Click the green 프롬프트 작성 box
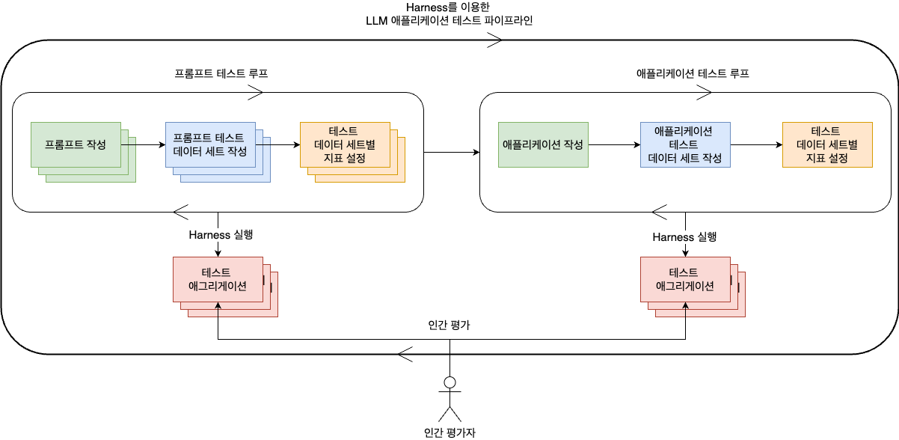click(76, 144)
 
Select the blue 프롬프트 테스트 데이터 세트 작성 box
click(210, 144)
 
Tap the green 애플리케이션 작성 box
click(543, 144)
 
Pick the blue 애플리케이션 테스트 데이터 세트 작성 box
click(685, 144)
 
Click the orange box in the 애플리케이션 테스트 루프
click(827, 144)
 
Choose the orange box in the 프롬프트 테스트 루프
click(345, 144)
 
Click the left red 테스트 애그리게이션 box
click(218, 279)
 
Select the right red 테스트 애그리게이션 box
click(685, 279)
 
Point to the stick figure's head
click(449, 382)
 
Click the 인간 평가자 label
click(449, 433)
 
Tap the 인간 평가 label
click(449, 325)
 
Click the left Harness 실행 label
click(221, 234)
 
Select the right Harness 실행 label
click(684, 237)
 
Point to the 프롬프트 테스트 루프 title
click(221, 73)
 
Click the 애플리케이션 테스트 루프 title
click(693, 73)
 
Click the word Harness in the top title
click(427, 7)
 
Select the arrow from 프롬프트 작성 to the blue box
click(144, 144)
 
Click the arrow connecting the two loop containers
click(452, 152)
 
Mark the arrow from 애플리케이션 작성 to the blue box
click(614, 144)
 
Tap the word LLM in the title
click(376, 21)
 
